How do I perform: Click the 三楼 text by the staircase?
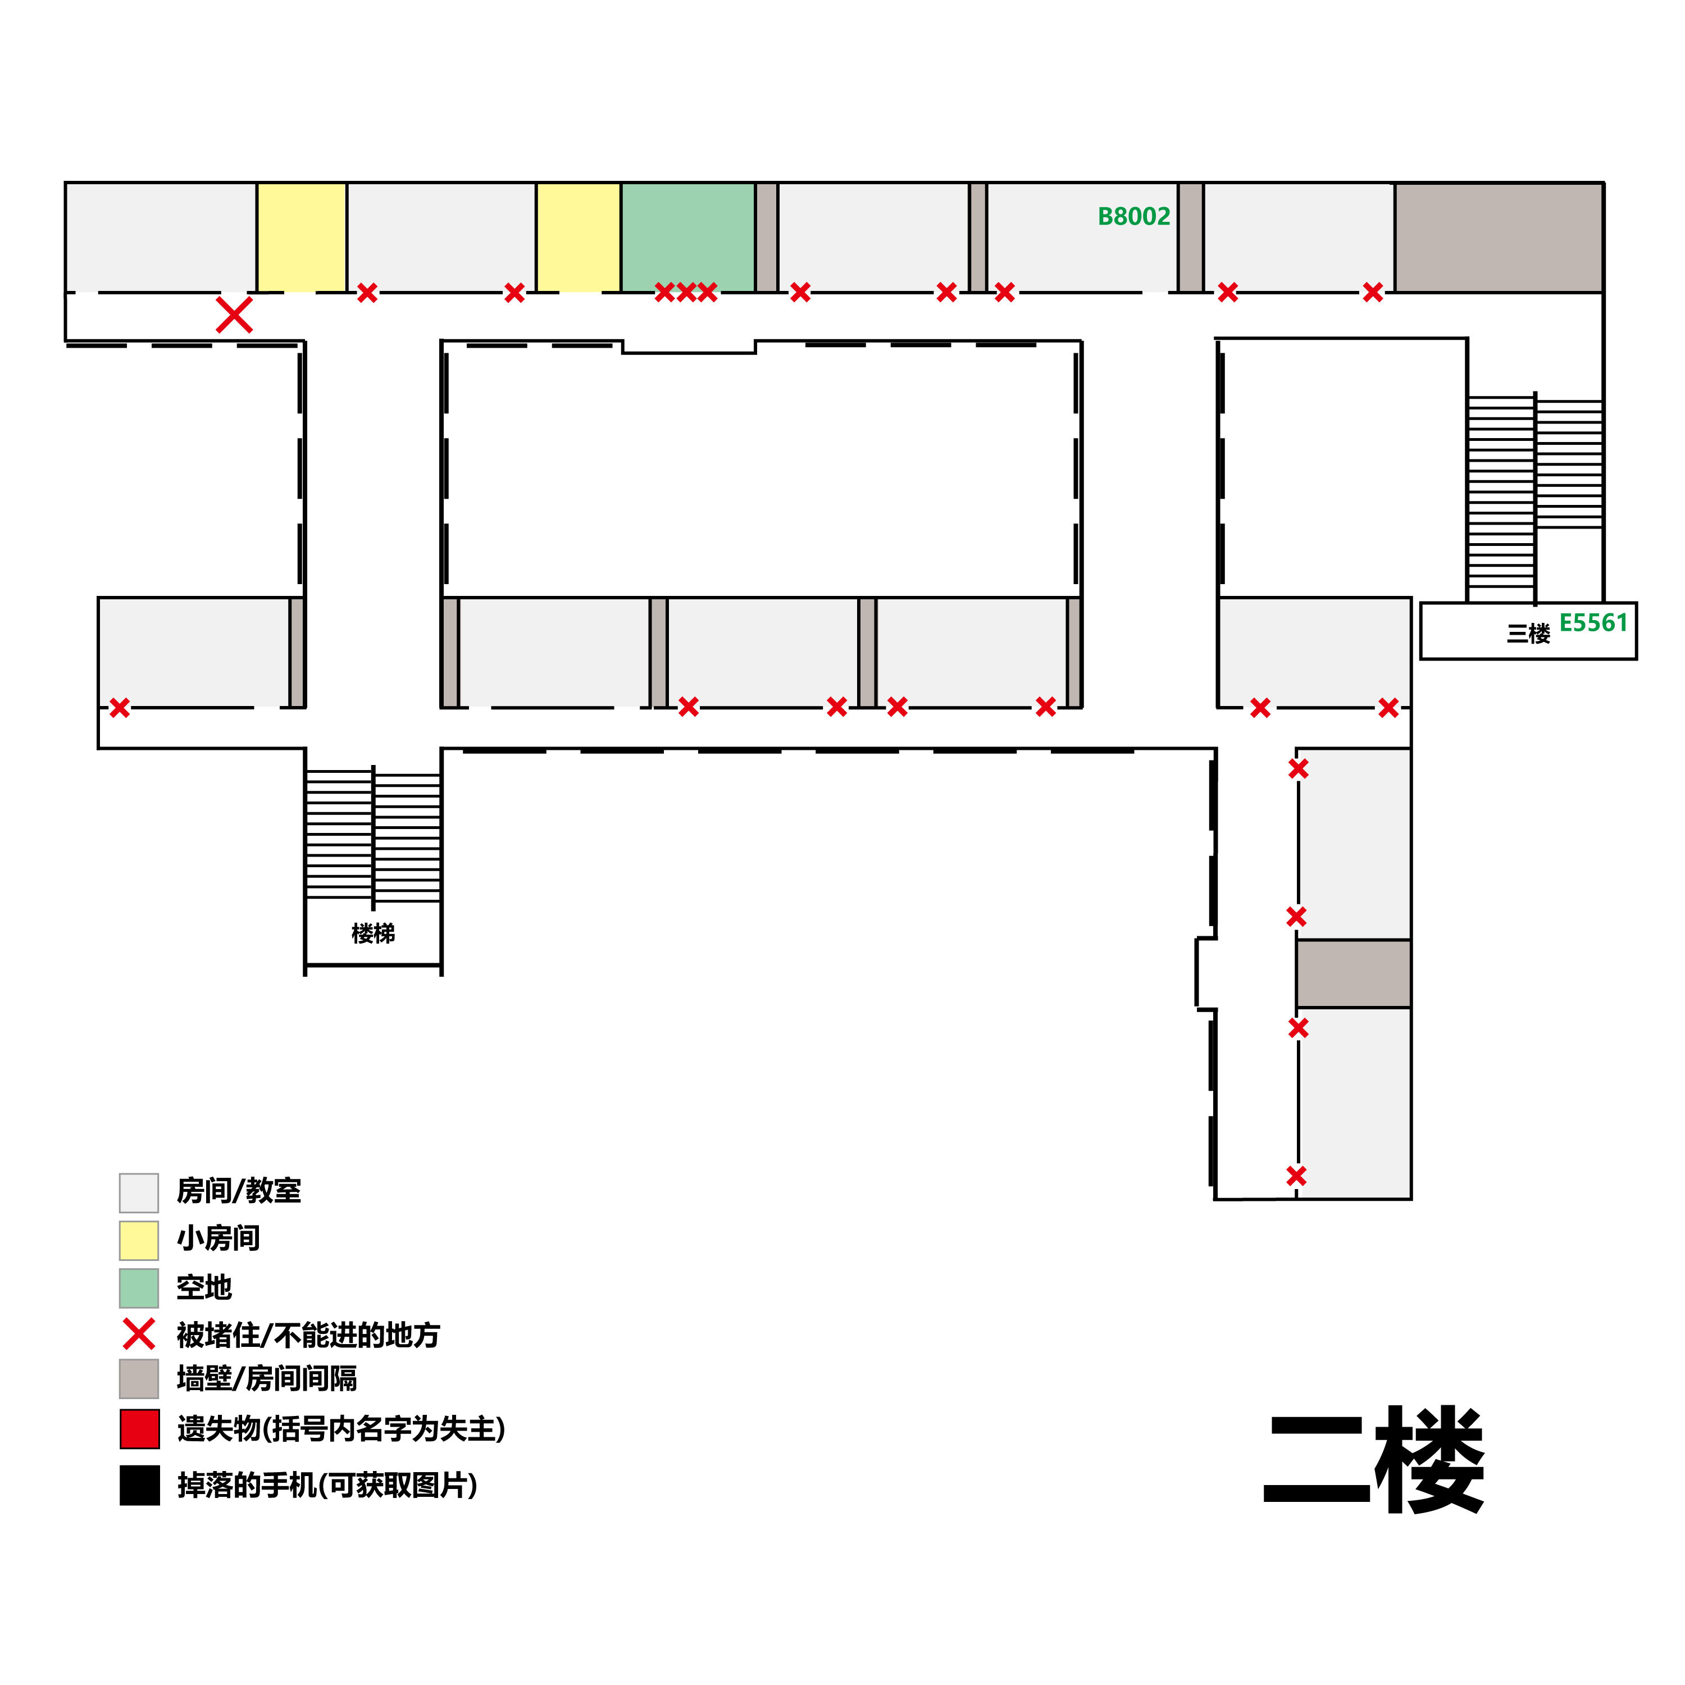[1528, 633]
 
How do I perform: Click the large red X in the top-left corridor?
[234, 315]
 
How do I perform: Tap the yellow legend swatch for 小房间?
[139, 1240]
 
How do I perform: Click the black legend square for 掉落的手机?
[139, 1485]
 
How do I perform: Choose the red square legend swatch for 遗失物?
[139, 1428]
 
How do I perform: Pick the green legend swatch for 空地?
[139, 1288]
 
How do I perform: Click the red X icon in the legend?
[139, 1335]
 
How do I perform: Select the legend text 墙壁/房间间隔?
[267, 1379]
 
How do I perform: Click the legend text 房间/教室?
[238, 1191]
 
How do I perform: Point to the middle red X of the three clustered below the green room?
[685, 292]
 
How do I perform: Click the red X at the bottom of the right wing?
[1296, 1176]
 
